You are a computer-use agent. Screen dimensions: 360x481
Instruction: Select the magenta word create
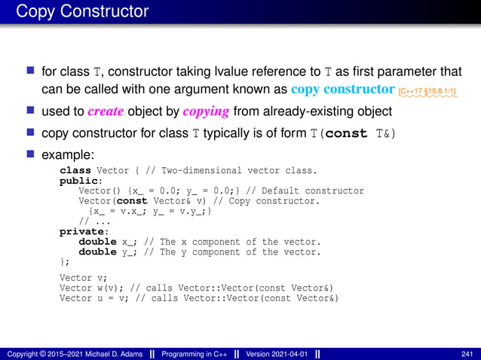[x=106, y=112]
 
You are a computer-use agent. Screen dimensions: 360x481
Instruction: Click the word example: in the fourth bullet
[x=69, y=154]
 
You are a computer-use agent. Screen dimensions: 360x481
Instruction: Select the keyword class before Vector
[x=75, y=170]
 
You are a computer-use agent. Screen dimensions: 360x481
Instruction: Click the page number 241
[x=467, y=353]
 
